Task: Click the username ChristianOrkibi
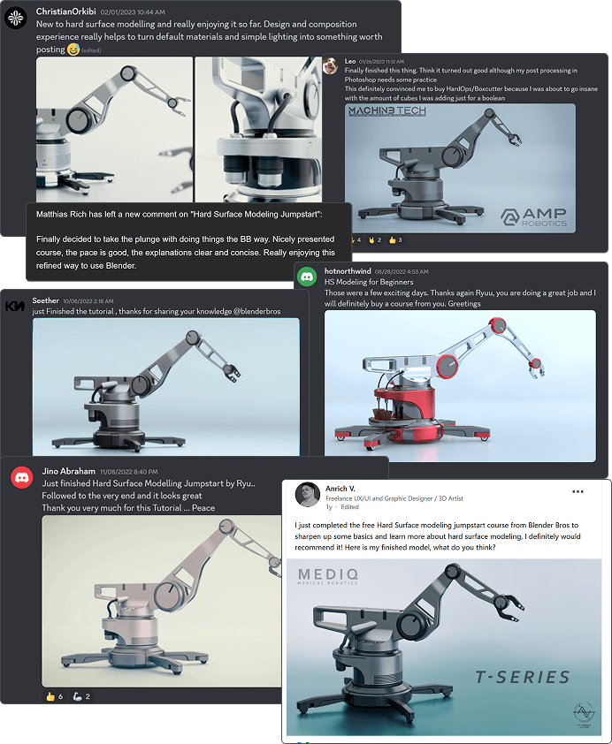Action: [67, 11]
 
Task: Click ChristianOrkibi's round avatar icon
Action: [16, 16]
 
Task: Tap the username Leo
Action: [350, 61]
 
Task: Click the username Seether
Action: [45, 300]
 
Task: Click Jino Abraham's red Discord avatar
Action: [21, 478]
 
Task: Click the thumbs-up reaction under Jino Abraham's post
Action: [50, 696]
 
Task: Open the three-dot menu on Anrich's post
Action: [578, 491]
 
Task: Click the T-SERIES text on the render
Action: [522, 677]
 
